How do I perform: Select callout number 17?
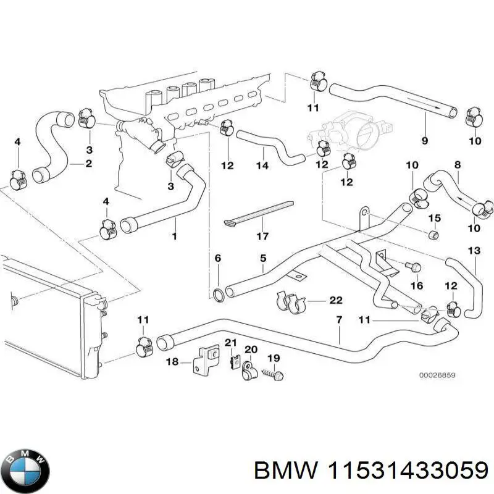tap(262, 236)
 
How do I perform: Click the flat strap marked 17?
tap(260, 212)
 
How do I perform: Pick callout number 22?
tap(335, 301)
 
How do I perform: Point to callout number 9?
tap(424, 141)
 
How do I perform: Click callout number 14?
tap(262, 165)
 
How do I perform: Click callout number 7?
tap(339, 320)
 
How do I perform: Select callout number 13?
tap(474, 251)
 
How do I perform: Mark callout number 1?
tap(174, 236)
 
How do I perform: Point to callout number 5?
tap(262, 258)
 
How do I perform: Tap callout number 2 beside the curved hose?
tap(88, 164)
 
